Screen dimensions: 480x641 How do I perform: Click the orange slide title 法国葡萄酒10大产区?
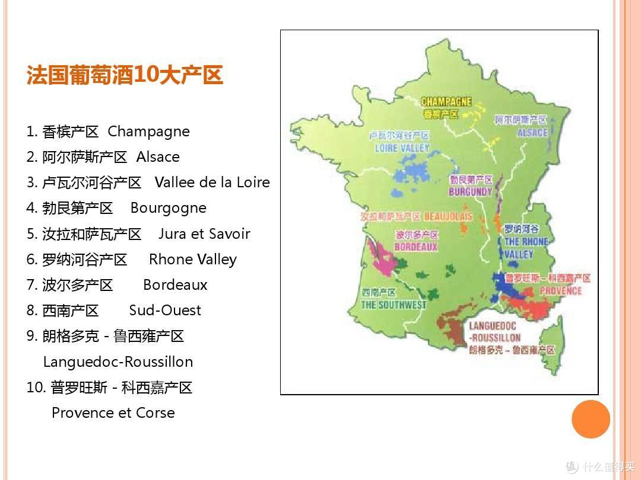click(125, 76)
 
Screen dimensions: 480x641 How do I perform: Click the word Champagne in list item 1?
click(148, 132)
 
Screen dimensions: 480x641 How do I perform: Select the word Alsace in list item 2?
click(158, 157)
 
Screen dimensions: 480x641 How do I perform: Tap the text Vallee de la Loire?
click(212, 183)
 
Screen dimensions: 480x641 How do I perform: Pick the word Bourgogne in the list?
click(169, 208)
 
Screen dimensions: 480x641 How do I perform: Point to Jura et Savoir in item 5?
click(204, 233)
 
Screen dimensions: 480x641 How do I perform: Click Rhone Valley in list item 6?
click(192, 259)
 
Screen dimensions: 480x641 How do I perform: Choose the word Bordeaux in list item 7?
click(175, 284)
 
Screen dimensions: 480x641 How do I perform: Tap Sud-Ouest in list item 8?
click(165, 310)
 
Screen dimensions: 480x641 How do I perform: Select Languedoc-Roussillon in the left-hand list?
click(118, 361)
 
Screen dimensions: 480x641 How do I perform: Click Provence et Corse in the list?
click(113, 412)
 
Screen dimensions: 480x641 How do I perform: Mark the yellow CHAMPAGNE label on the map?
click(446, 102)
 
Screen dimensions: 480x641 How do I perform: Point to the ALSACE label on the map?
click(532, 133)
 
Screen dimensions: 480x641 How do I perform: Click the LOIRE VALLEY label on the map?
click(402, 148)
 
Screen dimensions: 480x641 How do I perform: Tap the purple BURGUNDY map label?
click(471, 192)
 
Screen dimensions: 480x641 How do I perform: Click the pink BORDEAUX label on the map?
click(415, 247)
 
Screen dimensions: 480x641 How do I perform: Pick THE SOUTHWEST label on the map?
click(394, 305)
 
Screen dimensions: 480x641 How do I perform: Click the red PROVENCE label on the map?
click(560, 290)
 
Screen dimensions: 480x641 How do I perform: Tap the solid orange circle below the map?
click(591, 419)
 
